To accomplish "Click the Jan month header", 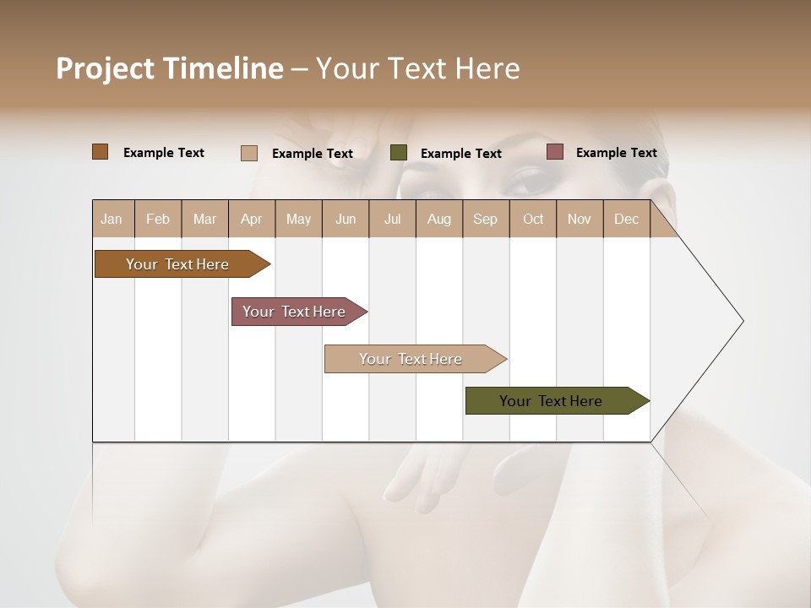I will (112, 219).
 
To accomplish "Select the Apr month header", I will (252, 219).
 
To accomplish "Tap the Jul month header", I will (392, 219).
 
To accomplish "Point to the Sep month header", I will (486, 219).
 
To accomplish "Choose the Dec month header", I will (626, 219).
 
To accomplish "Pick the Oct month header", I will (533, 219).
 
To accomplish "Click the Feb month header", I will (158, 219).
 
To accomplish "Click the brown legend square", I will (101, 152).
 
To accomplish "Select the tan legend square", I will (248, 153).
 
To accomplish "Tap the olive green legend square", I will (399, 153).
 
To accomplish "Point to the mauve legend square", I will (554, 152).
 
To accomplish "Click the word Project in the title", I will (105, 68).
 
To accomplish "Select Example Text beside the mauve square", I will (616, 153).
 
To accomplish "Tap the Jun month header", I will (346, 219).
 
